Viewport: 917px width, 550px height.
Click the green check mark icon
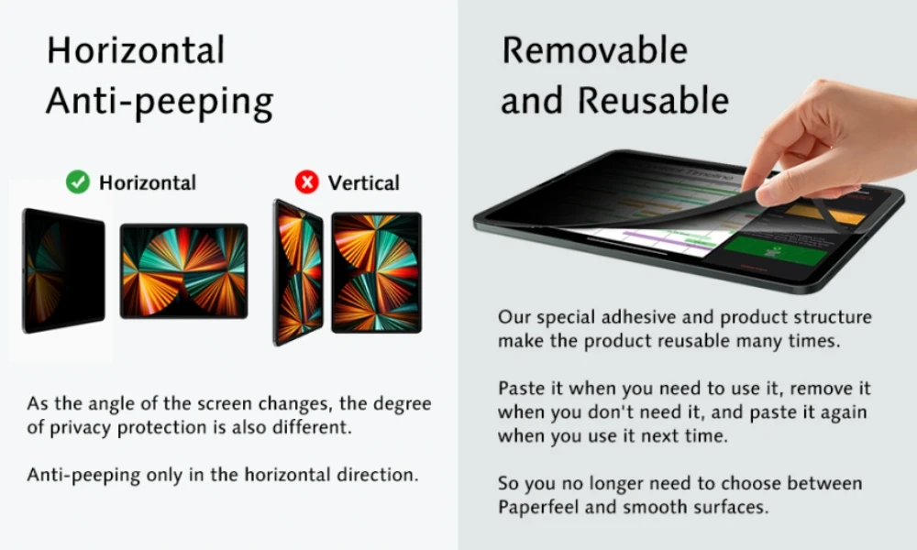point(78,182)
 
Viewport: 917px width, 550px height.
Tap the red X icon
point(306,182)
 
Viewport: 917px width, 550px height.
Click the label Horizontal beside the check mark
point(148,182)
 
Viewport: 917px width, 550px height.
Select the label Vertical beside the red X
point(364,182)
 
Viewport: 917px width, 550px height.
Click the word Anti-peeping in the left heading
point(159,102)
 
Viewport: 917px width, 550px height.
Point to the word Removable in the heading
point(594,51)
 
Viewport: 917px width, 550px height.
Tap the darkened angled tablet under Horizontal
point(62,269)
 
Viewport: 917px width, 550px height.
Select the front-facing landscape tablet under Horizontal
point(183,270)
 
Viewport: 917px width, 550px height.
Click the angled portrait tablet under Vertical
point(298,272)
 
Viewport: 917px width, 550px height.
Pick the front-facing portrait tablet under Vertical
point(376,272)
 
